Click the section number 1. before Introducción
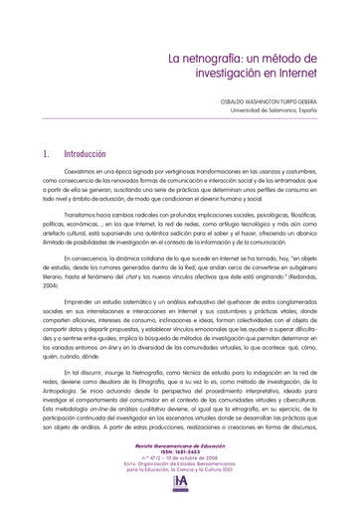click(x=49, y=155)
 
